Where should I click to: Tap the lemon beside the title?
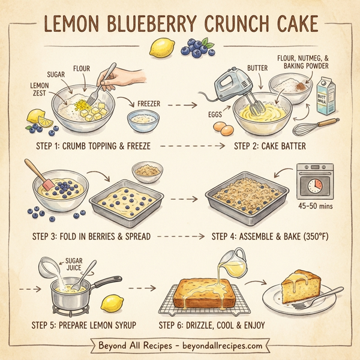click(161, 47)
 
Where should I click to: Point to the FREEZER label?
click(149, 103)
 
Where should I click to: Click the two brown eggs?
click(224, 128)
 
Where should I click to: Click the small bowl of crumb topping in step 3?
click(146, 172)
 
